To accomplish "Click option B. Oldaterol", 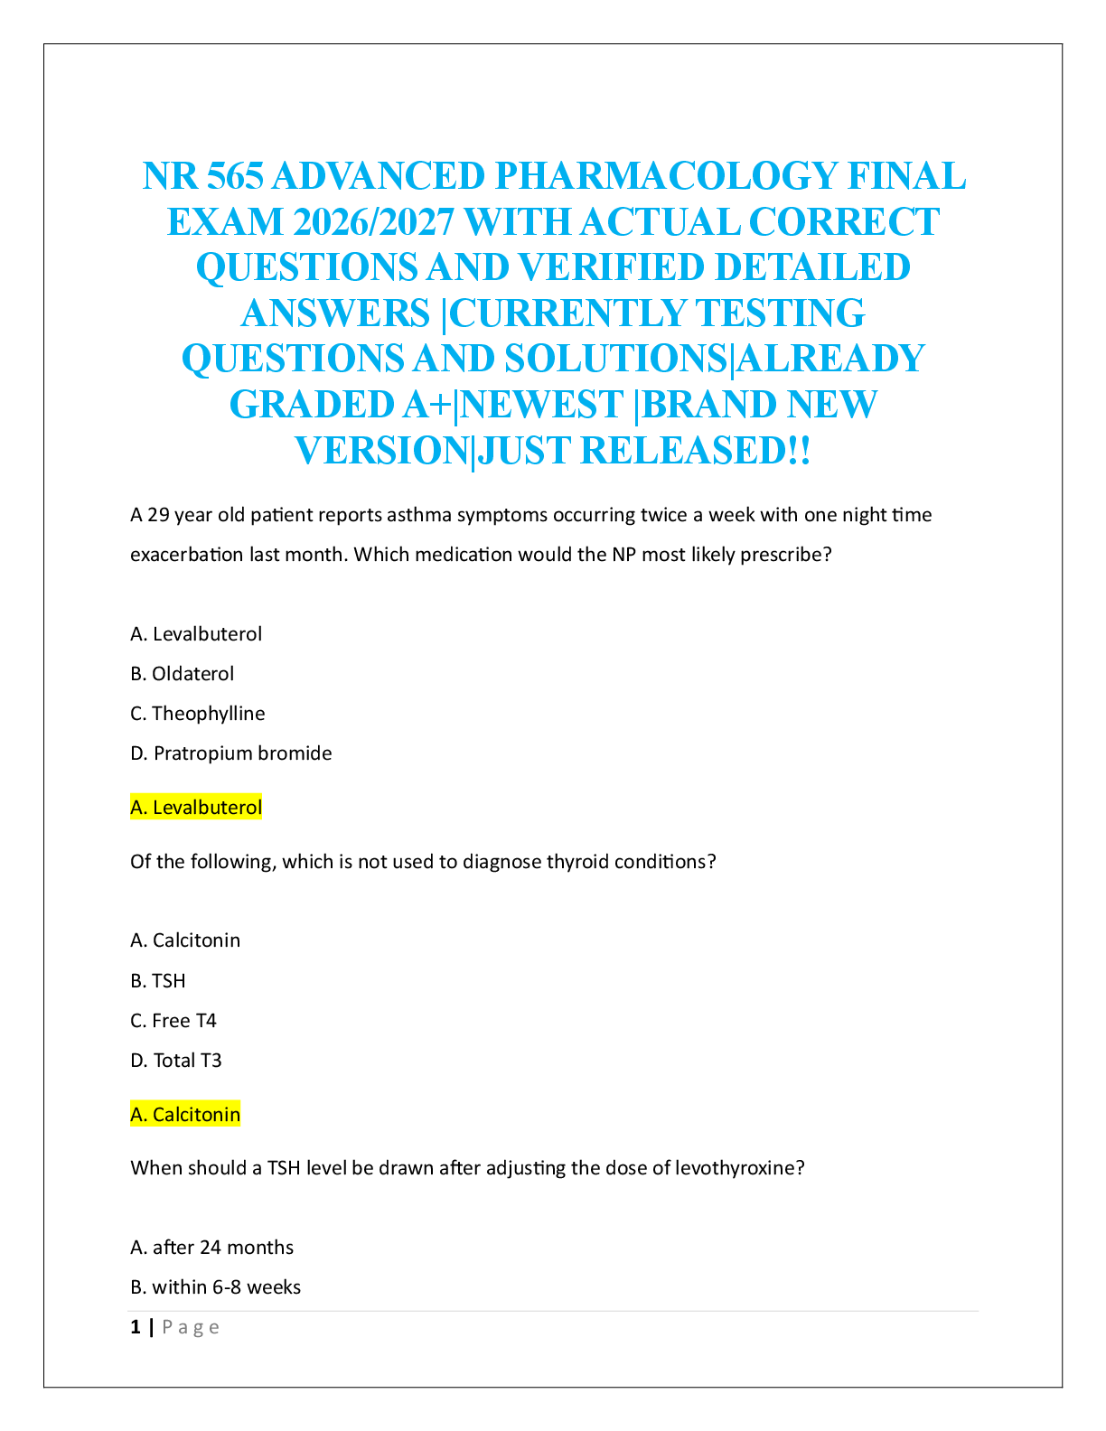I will pos(182,674).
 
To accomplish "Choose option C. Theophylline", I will pos(198,714).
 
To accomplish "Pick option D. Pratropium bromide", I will pos(231,753).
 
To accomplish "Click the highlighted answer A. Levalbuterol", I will pos(196,808).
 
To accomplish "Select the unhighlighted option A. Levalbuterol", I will pos(196,634).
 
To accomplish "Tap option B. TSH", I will pos(158,981).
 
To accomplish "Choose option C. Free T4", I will pos(173,1021).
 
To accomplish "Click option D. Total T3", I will pos(176,1061).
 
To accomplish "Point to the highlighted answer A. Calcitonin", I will pos(185,1115).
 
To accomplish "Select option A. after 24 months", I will pos(212,1248).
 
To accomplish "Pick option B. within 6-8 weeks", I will pos(216,1287).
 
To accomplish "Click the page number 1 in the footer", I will pos(136,1327).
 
